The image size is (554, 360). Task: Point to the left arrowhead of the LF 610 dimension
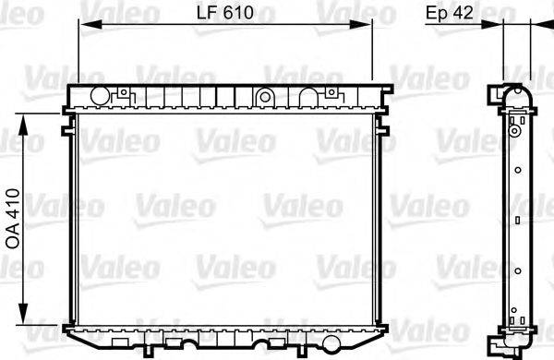[x=84, y=27]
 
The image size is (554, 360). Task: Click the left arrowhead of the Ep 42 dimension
[x=498, y=27]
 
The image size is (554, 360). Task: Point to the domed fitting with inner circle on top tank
[x=264, y=95]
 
